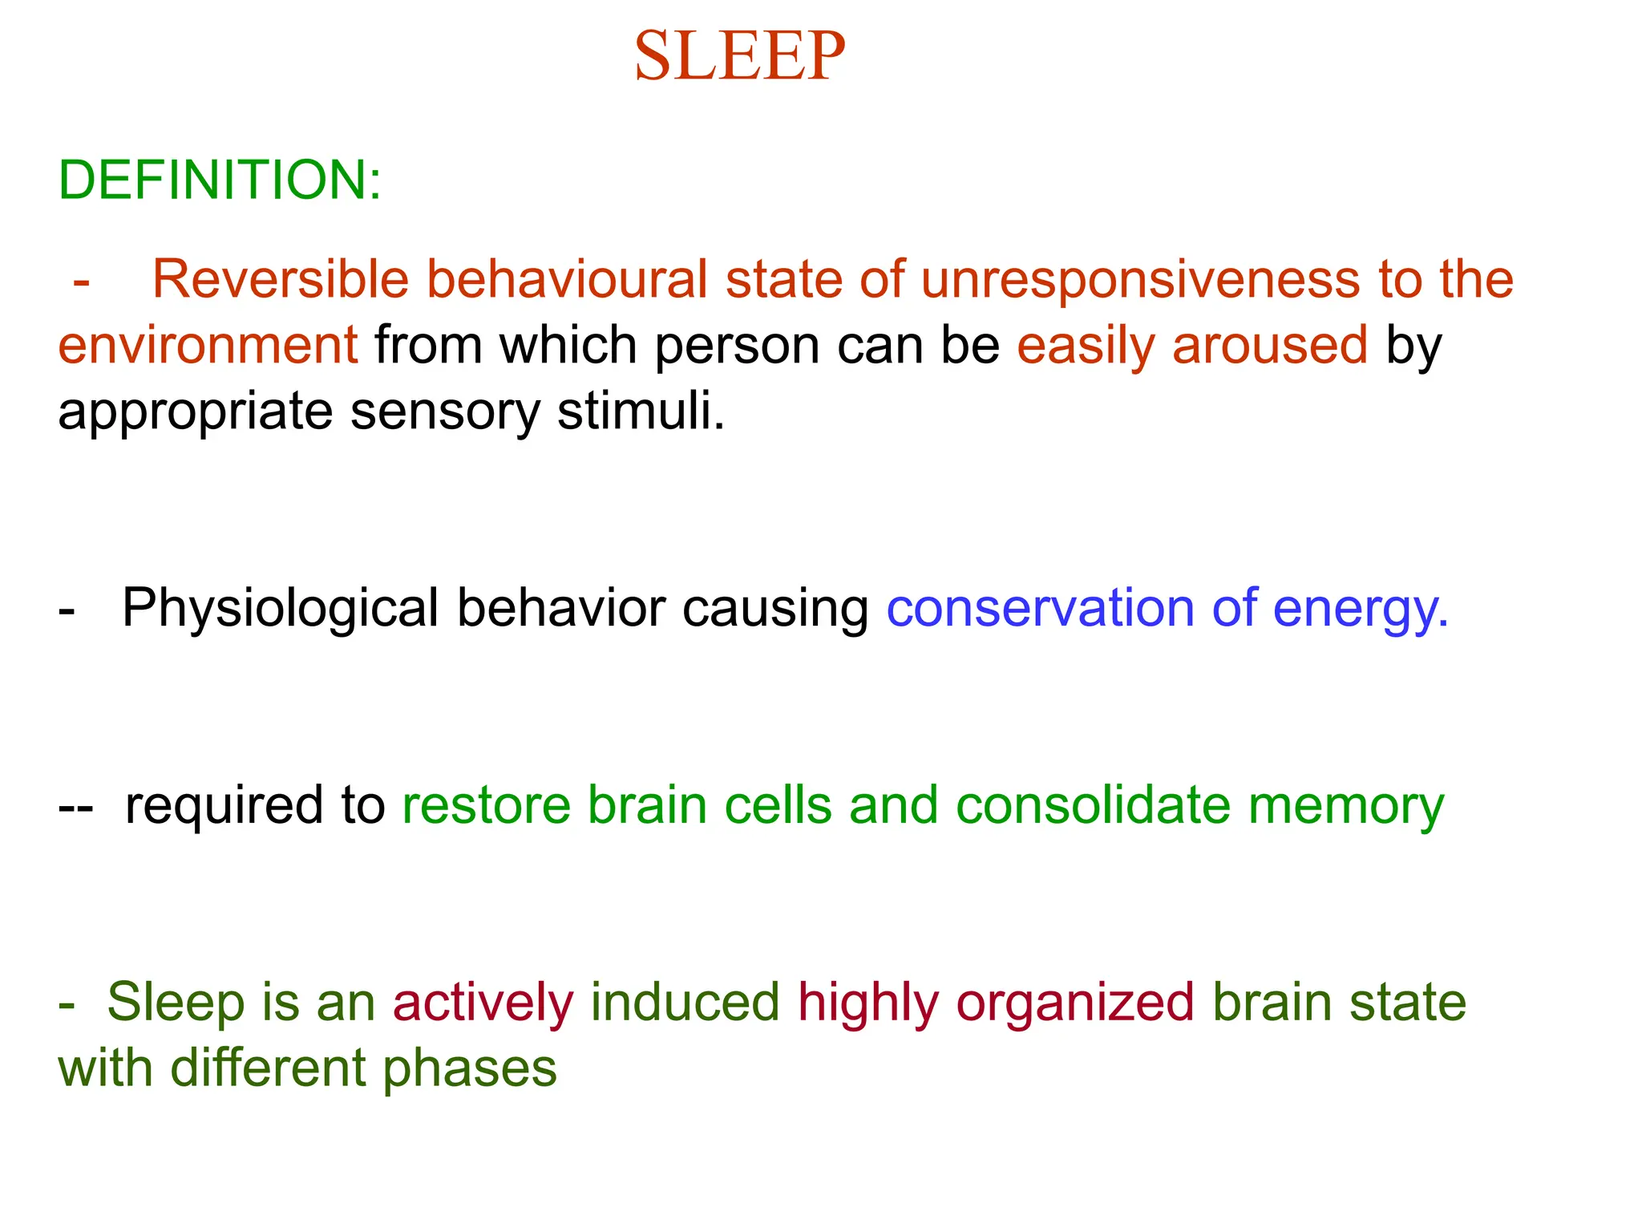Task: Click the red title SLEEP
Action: [x=739, y=56]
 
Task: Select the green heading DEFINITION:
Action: [x=220, y=180]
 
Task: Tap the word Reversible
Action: [x=280, y=279]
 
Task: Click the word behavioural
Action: [x=566, y=279]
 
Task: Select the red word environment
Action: [x=208, y=345]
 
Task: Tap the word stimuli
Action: [x=641, y=411]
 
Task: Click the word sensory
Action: [x=445, y=412]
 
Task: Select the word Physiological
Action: [x=280, y=608]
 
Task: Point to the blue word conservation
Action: [x=1040, y=608]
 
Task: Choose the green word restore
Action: [x=486, y=805]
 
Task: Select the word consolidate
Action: [x=1093, y=805]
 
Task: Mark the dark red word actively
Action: [x=483, y=1003]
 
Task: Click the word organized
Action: [x=1075, y=1004]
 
